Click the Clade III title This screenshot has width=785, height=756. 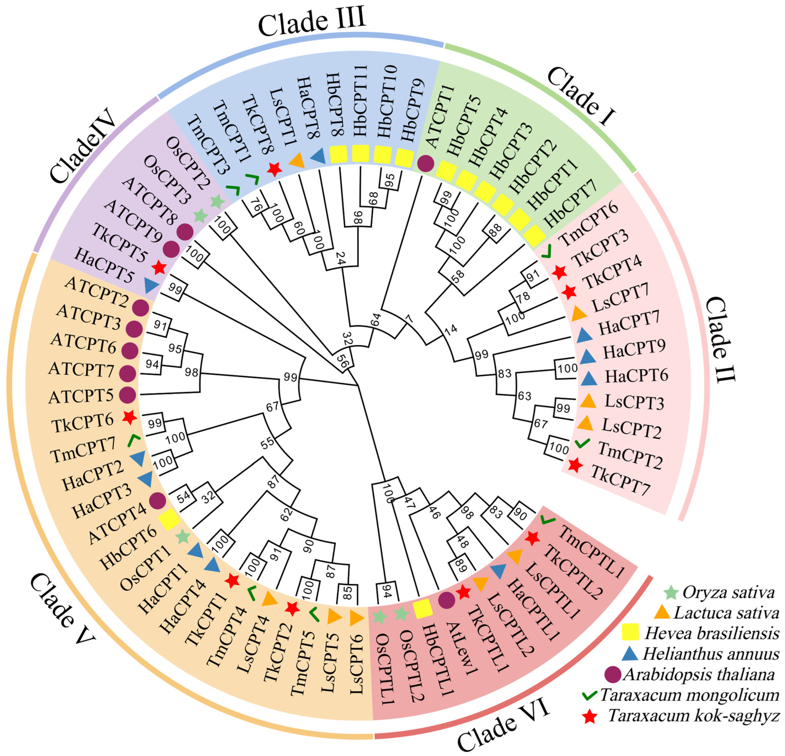(312, 23)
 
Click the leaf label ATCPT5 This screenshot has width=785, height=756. (81, 396)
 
